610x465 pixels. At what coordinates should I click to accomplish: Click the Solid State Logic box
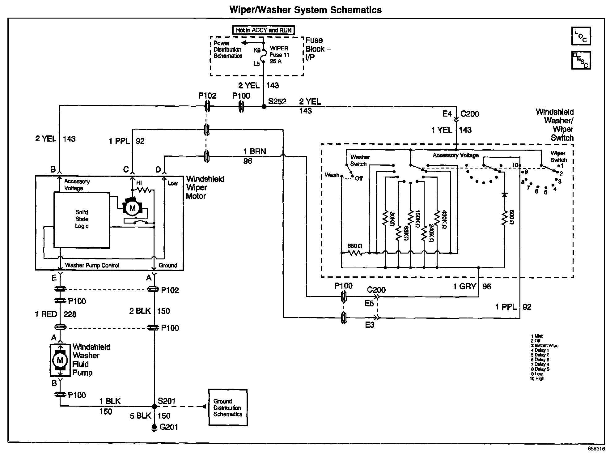click(x=82, y=220)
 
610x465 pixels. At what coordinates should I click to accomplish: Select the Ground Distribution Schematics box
click(x=228, y=407)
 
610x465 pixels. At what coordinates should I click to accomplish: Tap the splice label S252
click(x=277, y=102)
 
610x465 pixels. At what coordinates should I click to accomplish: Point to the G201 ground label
click(x=169, y=427)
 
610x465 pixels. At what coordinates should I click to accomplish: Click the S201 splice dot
click(x=154, y=406)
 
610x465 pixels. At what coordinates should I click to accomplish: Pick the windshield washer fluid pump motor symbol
click(x=60, y=360)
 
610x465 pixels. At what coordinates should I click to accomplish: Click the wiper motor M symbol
click(x=133, y=207)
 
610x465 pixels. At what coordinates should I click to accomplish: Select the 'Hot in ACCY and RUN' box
click(x=263, y=30)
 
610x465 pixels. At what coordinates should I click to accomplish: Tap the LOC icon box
click(x=581, y=36)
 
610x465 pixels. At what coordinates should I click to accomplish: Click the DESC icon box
click(x=581, y=60)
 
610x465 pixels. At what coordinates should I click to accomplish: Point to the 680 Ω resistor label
click(x=355, y=246)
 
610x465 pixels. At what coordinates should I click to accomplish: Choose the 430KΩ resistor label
click(x=444, y=220)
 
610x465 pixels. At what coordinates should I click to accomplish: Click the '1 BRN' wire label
click(x=255, y=151)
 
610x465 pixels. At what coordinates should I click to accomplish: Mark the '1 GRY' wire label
click(x=464, y=287)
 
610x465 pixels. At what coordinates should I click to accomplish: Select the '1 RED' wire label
click(x=46, y=314)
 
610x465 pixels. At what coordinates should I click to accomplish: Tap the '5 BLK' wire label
click(x=141, y=416)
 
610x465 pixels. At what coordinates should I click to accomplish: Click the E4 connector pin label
click(x=447, y=114)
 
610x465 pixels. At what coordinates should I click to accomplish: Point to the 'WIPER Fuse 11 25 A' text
click(x=279, y=55)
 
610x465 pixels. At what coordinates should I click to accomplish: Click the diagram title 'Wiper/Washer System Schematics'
click(x=305, y=10)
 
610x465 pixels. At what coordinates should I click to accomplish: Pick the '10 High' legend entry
click(x=537, y=379)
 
